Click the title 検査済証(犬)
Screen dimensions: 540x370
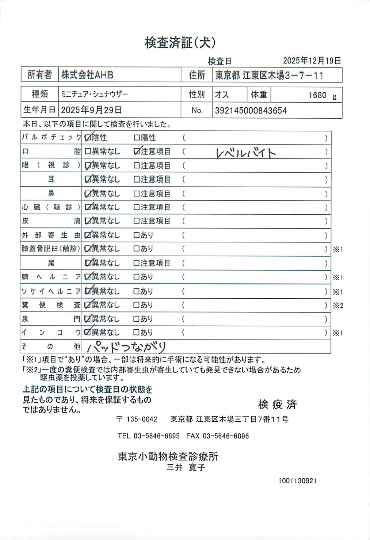click(x=180, y=43)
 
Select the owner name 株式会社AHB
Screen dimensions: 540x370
click(x=87, y=75)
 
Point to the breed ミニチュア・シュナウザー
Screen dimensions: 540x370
click(x=95, y=94)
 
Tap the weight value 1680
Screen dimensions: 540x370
click(x=317, y=95)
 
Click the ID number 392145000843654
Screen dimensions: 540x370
click(x=251, y=111)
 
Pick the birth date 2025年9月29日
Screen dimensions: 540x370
click(x=91, y=110)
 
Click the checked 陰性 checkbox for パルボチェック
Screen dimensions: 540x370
click(x=88, y=138)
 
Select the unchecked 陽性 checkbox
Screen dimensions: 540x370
click(x=137, y=138)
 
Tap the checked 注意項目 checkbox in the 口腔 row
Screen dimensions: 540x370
click(x=137, y=152)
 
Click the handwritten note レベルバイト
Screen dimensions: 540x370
click(x=245, y=152)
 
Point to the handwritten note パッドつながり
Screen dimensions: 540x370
click(x=126, y=346)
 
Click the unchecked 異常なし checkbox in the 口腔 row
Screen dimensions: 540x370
click(x=88, y=152)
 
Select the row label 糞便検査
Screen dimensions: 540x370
click(x=51, y=305)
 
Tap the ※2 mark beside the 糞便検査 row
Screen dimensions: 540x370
click(x=338, y=306)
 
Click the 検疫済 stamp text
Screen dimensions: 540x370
click(x=277, y=404)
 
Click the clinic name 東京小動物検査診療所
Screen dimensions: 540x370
click(x=168, y=456)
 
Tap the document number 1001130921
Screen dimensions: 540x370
click(x=297, y=481)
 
